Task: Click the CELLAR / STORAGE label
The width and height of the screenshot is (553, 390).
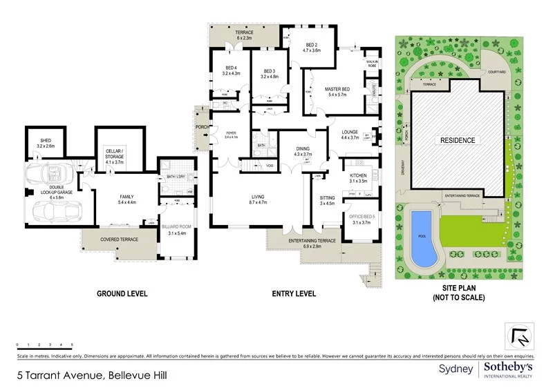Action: coord(114,154)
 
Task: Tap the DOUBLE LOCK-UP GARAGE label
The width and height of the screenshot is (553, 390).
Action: coord(46,194)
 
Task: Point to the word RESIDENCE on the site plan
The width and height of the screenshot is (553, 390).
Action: coord(458,140)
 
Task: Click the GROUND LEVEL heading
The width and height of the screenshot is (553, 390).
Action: coord(121,293)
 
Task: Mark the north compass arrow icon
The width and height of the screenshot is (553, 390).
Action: coord(519,337)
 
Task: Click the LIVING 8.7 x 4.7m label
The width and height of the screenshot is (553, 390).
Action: coord(257,200)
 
